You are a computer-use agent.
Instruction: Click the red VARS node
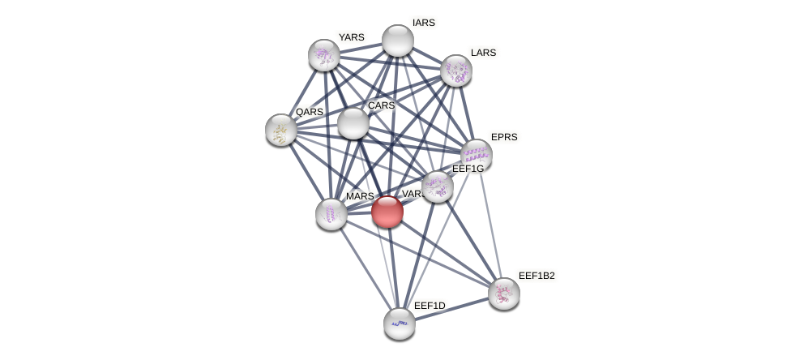387,212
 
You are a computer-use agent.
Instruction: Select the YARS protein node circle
324,55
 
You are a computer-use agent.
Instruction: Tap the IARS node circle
398,41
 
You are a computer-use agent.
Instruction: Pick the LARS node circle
456,71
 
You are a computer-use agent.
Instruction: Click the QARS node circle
281,130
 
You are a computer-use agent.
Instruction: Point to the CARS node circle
353,123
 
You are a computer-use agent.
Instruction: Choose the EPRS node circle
477,155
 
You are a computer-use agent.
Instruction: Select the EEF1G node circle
438,186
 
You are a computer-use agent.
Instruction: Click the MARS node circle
331,214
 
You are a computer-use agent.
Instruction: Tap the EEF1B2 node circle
504,294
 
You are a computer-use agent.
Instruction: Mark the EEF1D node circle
400,324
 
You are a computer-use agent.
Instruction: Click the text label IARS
423,23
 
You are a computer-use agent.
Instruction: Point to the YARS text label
351,37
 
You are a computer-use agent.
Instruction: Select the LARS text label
483,53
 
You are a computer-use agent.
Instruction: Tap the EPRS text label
504,137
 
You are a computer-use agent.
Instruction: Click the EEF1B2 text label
537,276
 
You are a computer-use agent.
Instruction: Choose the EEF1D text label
430,306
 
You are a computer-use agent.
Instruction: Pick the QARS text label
309,112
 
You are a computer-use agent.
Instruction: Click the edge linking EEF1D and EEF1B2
451,309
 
